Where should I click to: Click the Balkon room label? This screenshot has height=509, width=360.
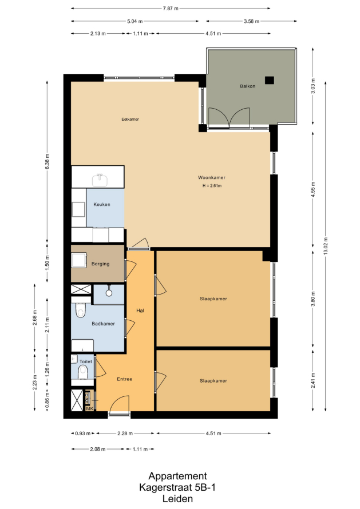pyautogui.click(x=248, y=86)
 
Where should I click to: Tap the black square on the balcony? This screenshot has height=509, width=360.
pyautogui.click(x=270, y=80)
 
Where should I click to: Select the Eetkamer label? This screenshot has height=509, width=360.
pyautogui.click(x=130, y=119)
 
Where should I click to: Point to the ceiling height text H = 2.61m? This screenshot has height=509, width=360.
pyautogui.click(x=212, y=186)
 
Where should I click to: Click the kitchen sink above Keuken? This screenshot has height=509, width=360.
pyautogui.click(x=100, y=180)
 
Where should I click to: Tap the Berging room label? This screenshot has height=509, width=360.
pyautogui.click(x=100, y=264)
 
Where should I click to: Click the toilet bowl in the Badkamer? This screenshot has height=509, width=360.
pyautogui.click(x=80, y=311)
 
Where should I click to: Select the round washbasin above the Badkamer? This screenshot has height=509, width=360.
pyautogui.click(x=109, y=293)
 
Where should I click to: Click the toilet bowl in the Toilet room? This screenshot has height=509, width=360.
pyautogui.click(x=83, y=372)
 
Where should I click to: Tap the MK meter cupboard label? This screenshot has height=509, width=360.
pyautogui.click(x=89, y=409)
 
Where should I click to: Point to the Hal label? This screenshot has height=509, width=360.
pyautogui.click(x=140, y=311)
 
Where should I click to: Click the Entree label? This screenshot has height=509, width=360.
pyautogui.click(x=124, y=379)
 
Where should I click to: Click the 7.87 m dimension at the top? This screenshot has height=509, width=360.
pyautogui.click(x=171, y=9)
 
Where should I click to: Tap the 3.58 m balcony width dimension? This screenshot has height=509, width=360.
pyautogui.click(x=251, y=21)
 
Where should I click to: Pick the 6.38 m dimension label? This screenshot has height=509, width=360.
pyautogui.click(x=48, y=161)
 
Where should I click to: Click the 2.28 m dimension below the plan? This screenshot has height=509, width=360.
pyautogui.click(x=125, y=434)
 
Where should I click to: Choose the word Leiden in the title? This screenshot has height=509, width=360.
pyautogui.click(x=177, y=499)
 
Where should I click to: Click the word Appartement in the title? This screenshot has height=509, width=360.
pyautogui.click(x=177, y=476)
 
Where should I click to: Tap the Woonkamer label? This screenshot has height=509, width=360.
pyautogui.click(x=212, y=177)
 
